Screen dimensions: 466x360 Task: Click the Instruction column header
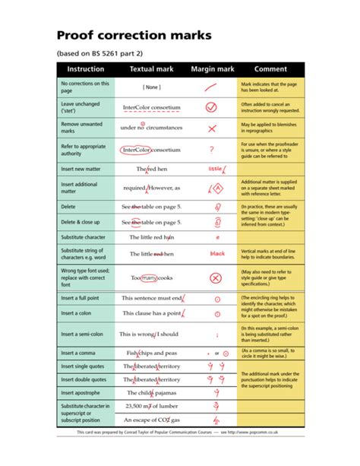pos(86,69)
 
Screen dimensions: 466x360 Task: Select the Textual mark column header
pos(152,69)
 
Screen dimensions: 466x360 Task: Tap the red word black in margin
pos(217,253)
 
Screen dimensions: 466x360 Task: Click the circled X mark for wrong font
pos(215,278)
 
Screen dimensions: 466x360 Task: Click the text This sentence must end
pos(151,299)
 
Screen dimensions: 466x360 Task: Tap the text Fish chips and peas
pos(151,353)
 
